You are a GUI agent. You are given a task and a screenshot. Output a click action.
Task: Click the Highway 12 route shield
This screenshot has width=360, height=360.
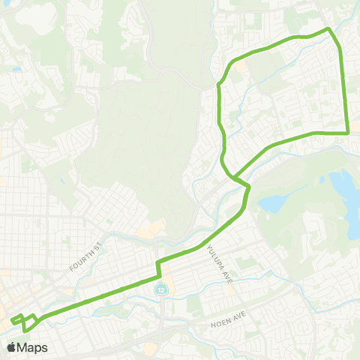(x=160, y=288)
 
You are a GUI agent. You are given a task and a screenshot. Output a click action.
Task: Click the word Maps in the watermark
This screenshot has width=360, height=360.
(x=33, y=347)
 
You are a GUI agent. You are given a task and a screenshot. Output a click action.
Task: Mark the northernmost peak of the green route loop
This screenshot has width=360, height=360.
(x=328, y=29)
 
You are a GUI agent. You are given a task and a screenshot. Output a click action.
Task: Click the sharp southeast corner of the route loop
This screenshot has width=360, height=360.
(x=348, y=133)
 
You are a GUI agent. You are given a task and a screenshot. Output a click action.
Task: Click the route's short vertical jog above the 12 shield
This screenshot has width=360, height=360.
(x=157, y=268)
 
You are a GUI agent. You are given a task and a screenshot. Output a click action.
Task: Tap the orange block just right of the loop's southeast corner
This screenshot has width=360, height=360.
(x=355, y=133)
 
